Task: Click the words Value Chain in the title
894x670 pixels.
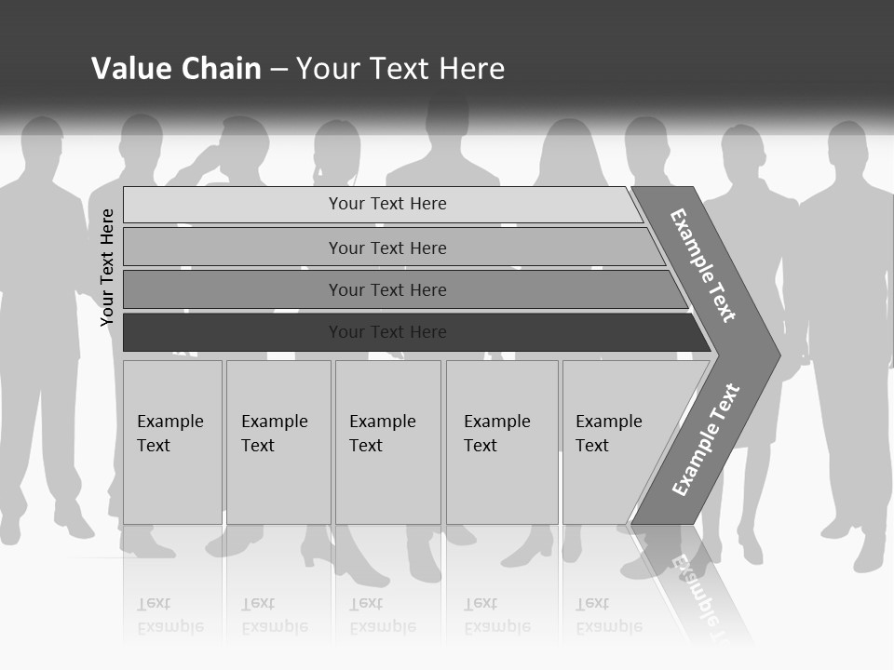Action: point(176,69)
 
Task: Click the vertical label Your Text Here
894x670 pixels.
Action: point(108,267)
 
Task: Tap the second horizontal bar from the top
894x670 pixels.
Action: point(386,248)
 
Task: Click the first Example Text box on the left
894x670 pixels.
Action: point(172,442)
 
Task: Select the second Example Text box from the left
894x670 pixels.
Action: point(278,442)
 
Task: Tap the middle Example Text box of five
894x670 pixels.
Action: point(387,442)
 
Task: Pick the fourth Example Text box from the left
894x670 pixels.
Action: point(502,442)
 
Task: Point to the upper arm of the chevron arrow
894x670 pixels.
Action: point(704,265)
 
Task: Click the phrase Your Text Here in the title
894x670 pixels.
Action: point(400,69)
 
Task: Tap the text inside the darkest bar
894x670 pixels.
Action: point(387,332)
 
